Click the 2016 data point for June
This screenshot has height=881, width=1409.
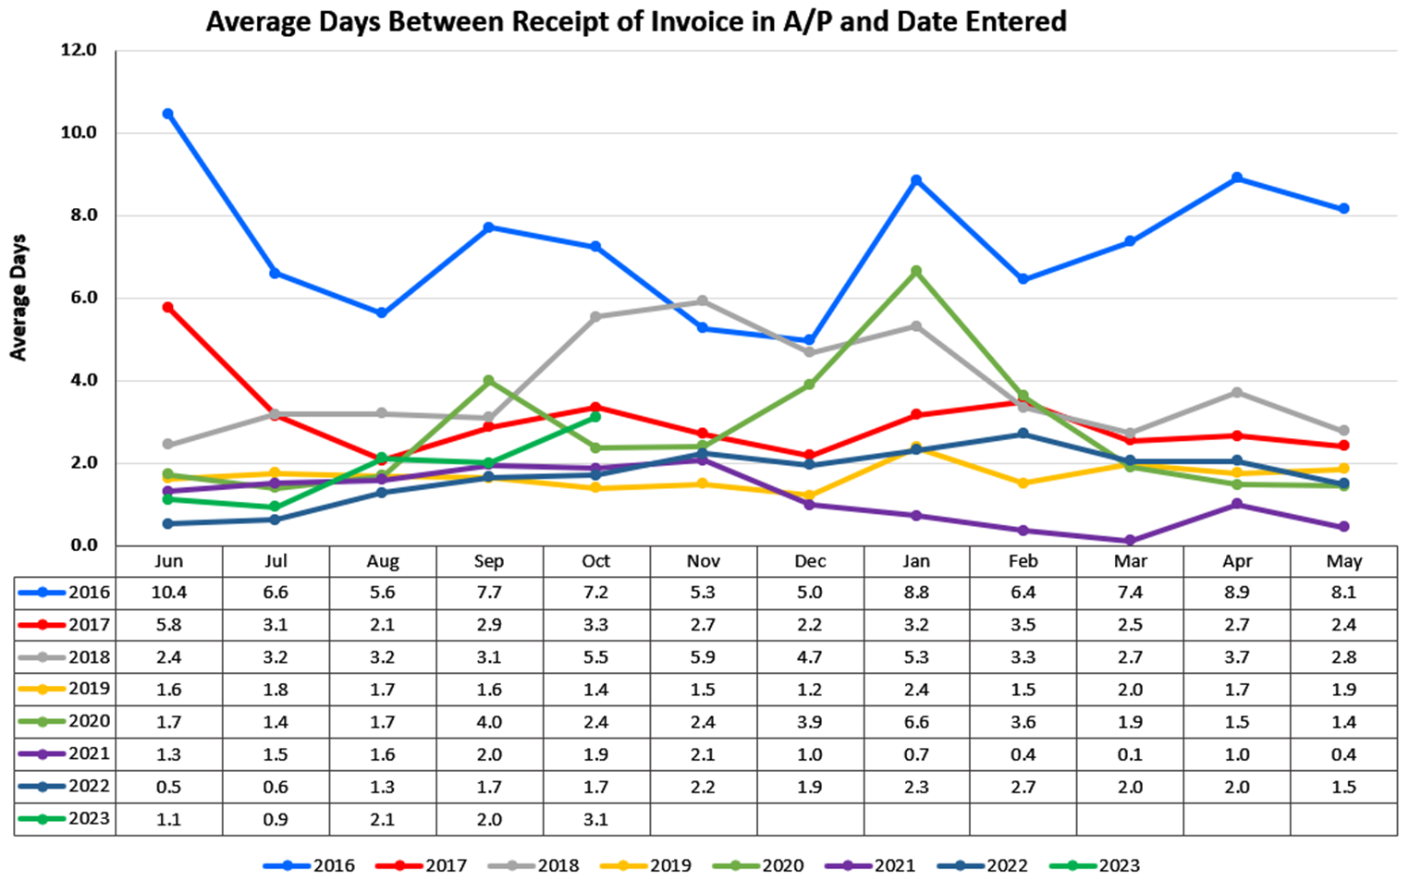[x=167, y=114]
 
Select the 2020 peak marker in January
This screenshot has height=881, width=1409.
[x=916, y=271]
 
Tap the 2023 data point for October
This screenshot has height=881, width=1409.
[x=595, y=417]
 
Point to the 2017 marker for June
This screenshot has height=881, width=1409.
[x=167, y=307]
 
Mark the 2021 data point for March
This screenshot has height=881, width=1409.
[x=1130, y=541]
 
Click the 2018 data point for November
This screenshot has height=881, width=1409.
[x=703, y=300]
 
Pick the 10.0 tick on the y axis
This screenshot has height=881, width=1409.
[x=79, y=132]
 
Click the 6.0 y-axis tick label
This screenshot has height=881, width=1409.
[x=79, y=298]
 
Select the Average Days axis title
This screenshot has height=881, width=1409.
[x=18, y=298]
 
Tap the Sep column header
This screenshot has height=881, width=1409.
[x=489, y=561]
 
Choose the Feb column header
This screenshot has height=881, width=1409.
[x=1023, y=561]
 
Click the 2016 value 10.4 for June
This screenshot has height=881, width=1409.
[x=168, y=593]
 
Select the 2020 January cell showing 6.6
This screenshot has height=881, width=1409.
[x=916, y=722]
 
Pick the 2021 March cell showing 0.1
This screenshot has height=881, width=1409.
[x=1130, y=754]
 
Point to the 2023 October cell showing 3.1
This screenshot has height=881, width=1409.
[x=595, y=819]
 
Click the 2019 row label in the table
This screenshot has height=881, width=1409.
[x=89, y=689]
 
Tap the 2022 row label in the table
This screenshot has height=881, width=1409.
[x=89, y=787]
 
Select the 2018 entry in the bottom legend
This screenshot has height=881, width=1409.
[x=557, y=866]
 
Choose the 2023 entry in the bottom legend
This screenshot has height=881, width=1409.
[x=1119, y=866]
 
